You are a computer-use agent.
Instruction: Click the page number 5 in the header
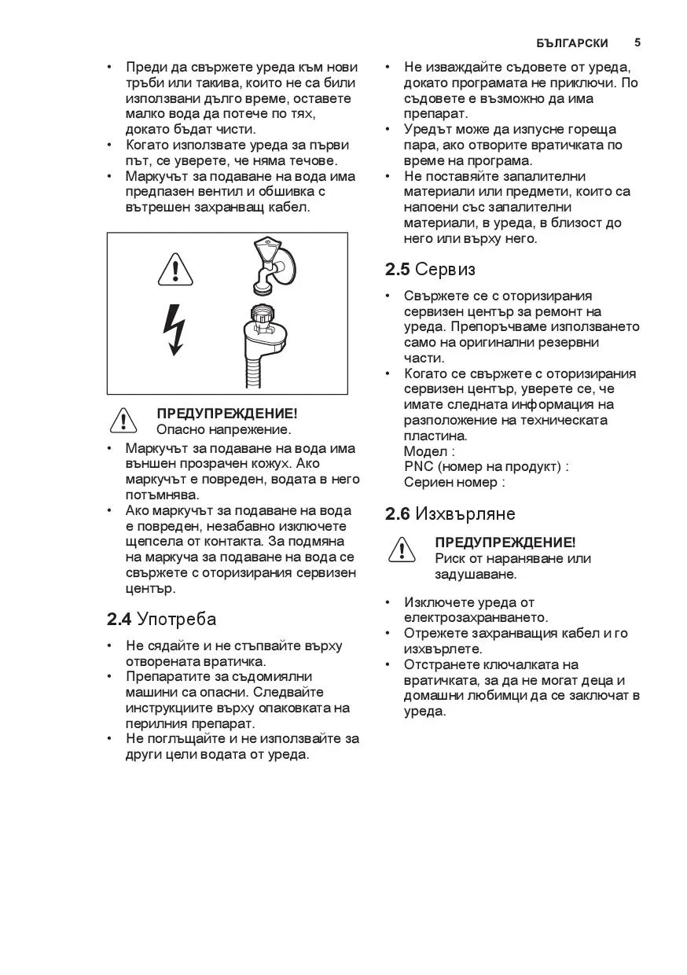click(637, 42)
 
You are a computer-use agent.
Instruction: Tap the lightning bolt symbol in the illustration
click(174, 329)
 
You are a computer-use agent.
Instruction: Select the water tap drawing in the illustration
click(269, 264)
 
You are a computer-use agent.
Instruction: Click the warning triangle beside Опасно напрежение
click(124, 421)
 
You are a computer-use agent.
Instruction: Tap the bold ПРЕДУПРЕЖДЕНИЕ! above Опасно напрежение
click(226, 414)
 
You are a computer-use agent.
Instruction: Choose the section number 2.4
click(119, 619)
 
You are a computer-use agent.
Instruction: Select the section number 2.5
click(398, 270)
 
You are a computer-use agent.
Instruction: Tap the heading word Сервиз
click(445, 270)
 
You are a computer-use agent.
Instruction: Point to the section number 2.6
click(398, 514)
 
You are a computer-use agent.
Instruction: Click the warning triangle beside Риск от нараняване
click(402, 550)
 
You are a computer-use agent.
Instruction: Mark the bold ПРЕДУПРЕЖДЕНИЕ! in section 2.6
click(505, 543)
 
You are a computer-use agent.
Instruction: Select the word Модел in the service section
click(424, 451)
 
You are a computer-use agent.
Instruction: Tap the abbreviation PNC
click(418, 467)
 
